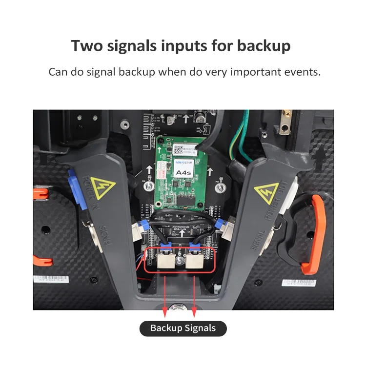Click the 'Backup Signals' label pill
[x=183, y=328]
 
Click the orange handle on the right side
[x=312, y=234]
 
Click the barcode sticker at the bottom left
[x=54, y=279]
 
